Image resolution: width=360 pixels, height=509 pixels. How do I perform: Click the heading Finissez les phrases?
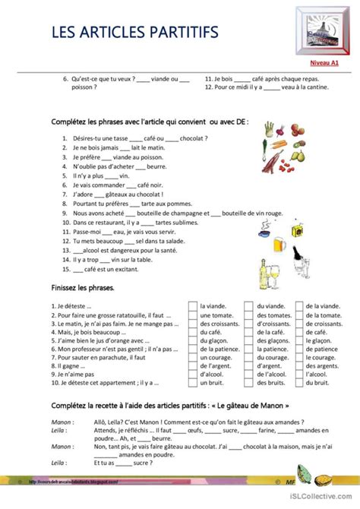pyautogui.click(x=83, y=289)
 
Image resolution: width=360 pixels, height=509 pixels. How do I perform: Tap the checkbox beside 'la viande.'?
pyautogui.click(x=193, y=306)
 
